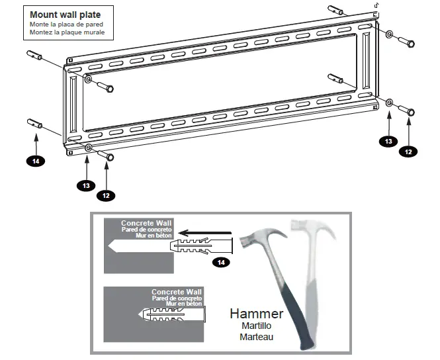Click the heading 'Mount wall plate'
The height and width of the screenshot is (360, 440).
pyautogui.click(x=61, y=14)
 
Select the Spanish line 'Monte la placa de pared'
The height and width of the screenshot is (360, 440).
pyautogui.click(x=66, y=24)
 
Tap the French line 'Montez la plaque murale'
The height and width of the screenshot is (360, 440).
pyautogui.click(x=66, y=32)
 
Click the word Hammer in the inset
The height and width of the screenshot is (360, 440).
pyautogui.click(x=256, y=314)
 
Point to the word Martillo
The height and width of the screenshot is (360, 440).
pyautogui.click(x=256, y=326)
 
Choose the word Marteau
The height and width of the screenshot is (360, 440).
pyautogui.click(x=256, y=336)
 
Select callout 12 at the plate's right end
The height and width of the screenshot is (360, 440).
pyautogui.click(x=408, y=151)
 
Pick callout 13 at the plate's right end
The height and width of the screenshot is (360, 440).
pyautogui.click(x=388, y=140)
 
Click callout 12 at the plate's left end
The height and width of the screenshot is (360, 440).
pyautogui.click(x=106, y=195)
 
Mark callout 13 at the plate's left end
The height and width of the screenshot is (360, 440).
pyautogui.click(x=86, y=185)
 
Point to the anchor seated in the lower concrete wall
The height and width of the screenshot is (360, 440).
pyautogui.click(x=172, y=314)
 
